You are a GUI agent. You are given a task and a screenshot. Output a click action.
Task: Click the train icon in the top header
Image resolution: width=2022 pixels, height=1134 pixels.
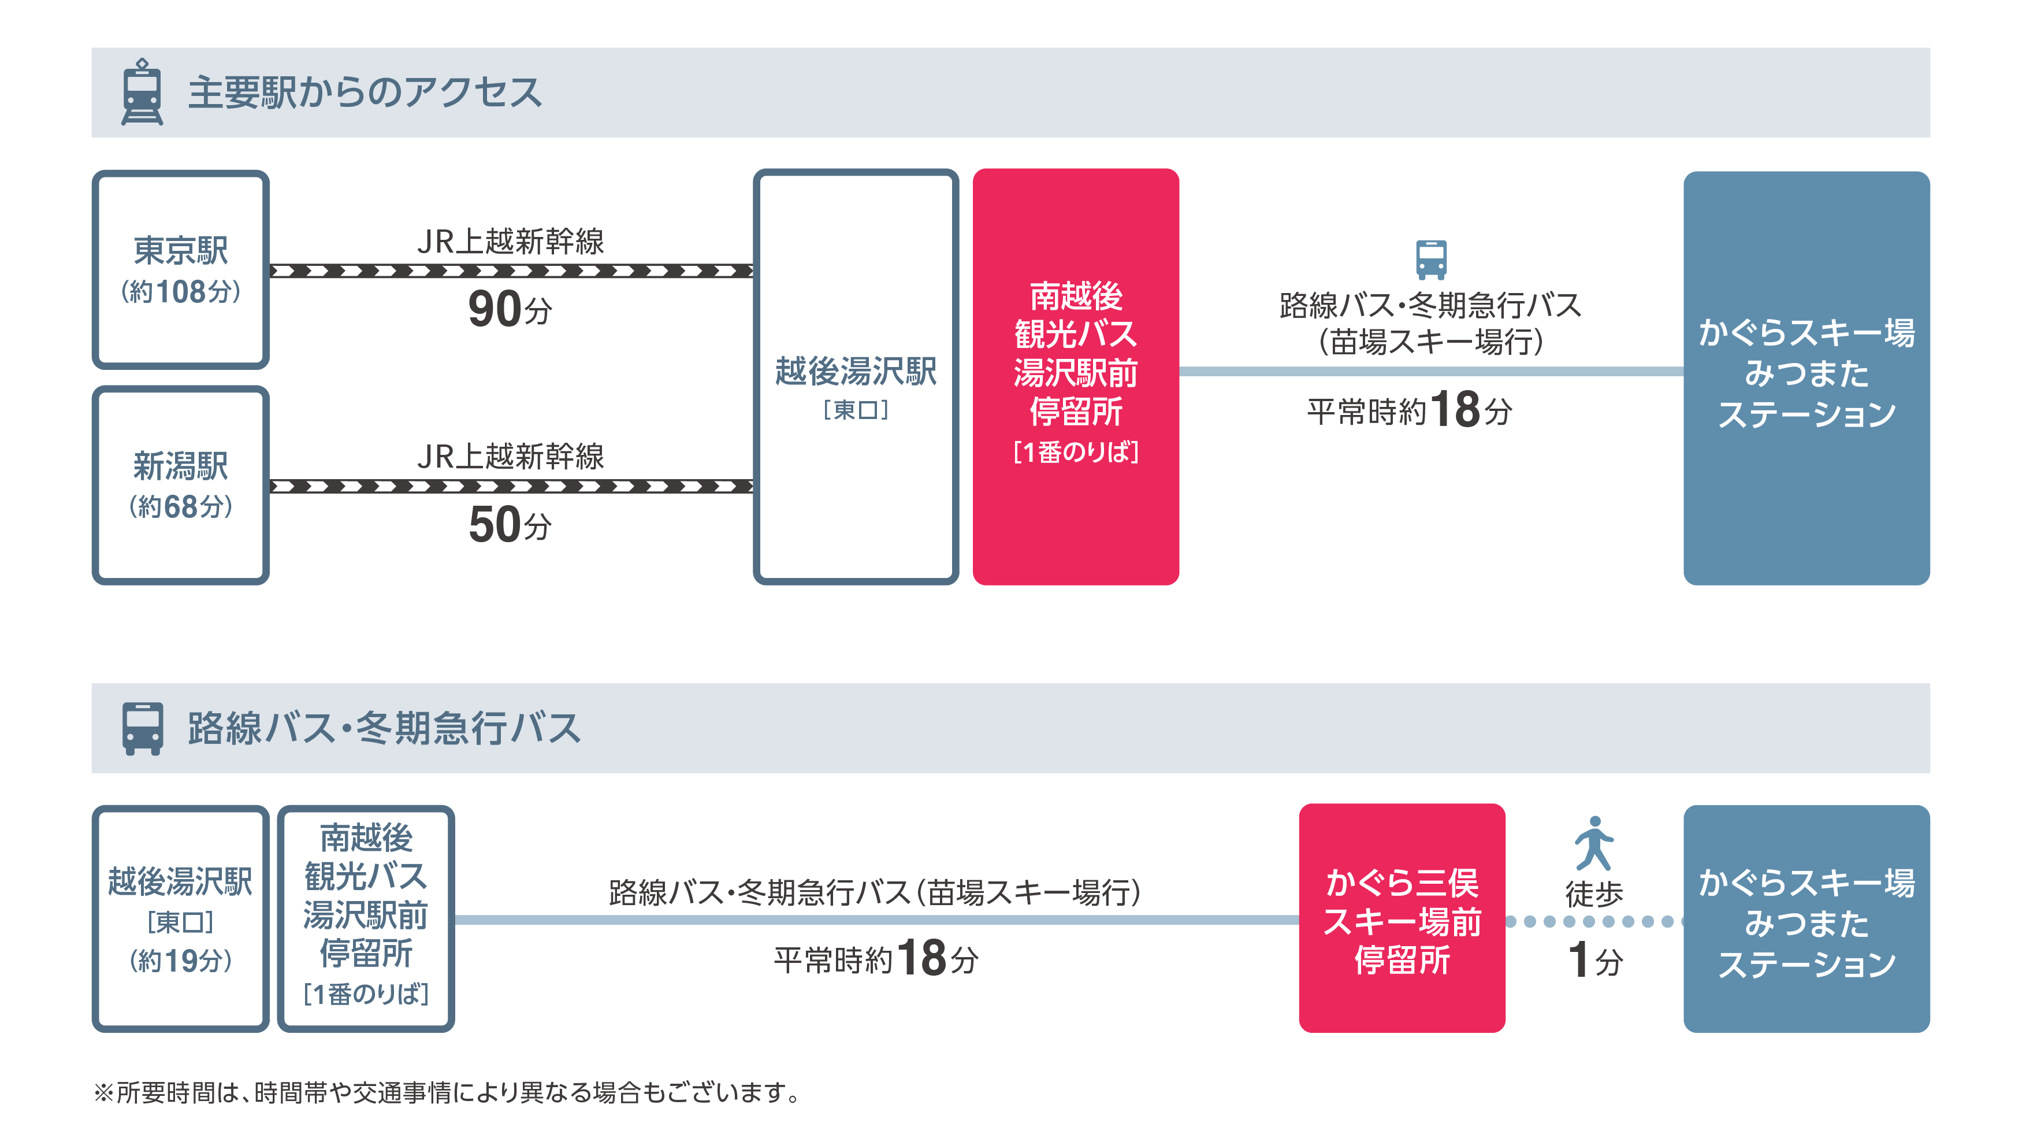click(142, 92)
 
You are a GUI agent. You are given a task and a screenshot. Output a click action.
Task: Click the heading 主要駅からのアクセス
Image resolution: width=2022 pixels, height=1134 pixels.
click(364, 92)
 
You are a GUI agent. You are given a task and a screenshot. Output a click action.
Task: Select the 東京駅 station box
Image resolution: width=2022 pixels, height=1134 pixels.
click(180, 269)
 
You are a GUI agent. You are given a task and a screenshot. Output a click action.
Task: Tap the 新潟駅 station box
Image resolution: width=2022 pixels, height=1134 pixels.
click(180, 484)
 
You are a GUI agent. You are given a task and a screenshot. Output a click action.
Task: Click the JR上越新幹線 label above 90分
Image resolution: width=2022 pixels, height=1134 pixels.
click(510, 241)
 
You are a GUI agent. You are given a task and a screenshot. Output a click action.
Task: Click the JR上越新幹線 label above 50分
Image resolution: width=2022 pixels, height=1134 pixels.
click(510, 456)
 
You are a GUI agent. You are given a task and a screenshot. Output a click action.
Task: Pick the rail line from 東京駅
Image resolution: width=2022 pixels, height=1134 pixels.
click(510, 271)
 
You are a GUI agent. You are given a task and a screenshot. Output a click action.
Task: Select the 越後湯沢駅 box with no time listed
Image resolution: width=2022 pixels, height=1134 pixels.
click(856, 377)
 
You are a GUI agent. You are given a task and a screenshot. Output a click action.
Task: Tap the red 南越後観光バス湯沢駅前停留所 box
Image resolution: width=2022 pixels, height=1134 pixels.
click(1075, 377)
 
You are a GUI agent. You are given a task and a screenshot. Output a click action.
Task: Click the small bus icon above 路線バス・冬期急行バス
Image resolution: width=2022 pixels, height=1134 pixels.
click(1431, 259)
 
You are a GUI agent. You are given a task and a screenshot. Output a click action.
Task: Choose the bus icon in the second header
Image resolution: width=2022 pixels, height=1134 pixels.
click(142, 728)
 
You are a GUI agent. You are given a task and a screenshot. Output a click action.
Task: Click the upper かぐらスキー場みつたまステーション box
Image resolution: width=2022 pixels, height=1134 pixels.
click(1806, 377)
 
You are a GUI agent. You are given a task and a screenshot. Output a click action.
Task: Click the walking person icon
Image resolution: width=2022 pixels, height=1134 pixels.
click(1593, 843)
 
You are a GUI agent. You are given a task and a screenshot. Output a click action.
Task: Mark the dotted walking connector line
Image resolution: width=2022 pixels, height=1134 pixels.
click(1593, 921)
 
